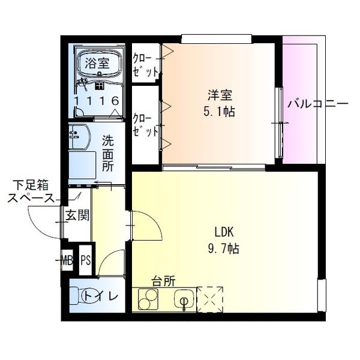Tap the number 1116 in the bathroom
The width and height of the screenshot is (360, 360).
tap(96, 101)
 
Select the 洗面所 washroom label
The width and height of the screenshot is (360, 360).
tap(107, 154)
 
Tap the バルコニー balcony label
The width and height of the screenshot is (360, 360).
tap(317, 103)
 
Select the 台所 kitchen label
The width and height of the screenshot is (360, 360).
tap(163, 280)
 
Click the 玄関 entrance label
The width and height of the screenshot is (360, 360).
tap(77, 215)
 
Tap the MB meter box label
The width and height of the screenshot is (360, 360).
tap(67, 260)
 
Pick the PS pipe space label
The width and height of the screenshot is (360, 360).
tap(86, 260)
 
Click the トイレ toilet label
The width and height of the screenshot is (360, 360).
tap(100, 296)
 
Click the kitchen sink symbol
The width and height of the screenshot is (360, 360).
tap(184, 299)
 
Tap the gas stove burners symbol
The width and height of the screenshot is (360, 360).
tap(148, 298)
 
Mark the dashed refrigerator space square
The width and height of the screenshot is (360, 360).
tap(211, 299)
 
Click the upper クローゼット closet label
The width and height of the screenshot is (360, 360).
tap(145, 64)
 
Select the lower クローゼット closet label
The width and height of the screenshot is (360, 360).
tap(145, 124)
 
